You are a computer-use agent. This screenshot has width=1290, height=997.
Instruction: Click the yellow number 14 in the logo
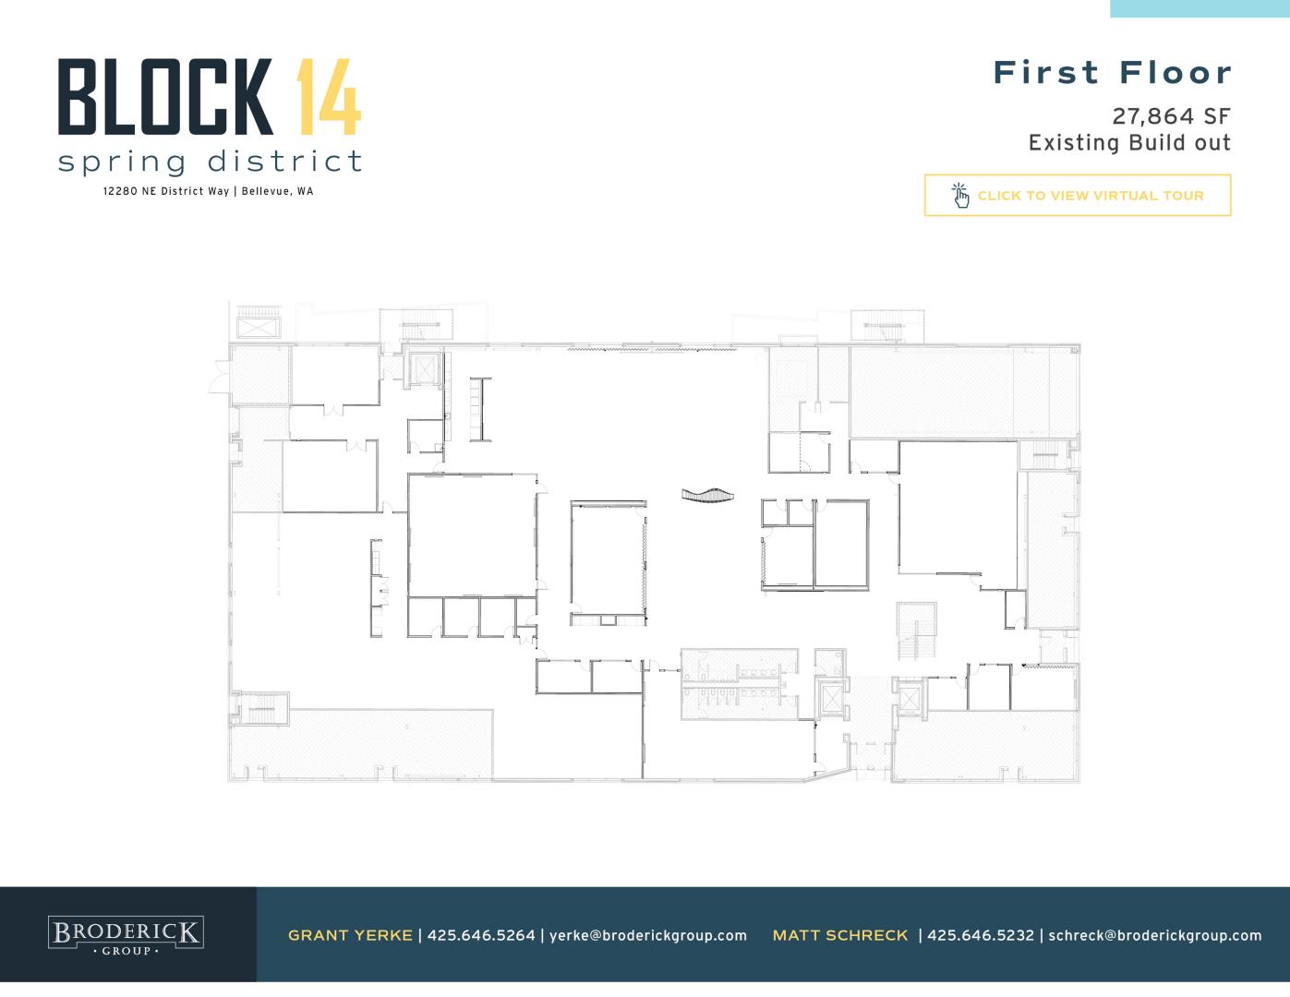click(329, 97)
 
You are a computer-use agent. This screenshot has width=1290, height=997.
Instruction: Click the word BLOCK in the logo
click(165, 97)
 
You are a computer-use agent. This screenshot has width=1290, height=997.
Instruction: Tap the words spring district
click(210, 162)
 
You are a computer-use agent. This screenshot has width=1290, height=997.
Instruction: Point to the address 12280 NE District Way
click(165, 191)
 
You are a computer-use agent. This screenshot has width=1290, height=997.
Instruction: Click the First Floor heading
click(1113, 73)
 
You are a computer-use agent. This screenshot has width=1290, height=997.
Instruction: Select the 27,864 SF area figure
click(1171, 116)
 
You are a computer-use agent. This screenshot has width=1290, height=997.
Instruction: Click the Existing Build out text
click(1129, 143)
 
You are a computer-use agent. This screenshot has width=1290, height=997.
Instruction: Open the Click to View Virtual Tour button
click(1078, 196)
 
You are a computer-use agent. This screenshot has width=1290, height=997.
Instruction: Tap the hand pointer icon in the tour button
click(960, 196)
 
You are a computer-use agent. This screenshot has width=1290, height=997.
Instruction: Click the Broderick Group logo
click(126, 935)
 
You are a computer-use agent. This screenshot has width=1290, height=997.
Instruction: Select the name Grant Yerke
click(350, 935)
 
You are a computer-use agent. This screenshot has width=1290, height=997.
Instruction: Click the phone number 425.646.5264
click(481, 935)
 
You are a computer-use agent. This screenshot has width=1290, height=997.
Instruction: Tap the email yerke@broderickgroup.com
click(648, 936)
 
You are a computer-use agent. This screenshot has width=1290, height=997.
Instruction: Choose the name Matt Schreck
click(840, 935)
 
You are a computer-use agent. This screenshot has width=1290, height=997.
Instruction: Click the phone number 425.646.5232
click(981, 935)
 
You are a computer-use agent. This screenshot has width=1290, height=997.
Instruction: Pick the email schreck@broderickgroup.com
click(1155, 936)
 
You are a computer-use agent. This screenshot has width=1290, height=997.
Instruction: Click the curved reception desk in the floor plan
click(707, 495)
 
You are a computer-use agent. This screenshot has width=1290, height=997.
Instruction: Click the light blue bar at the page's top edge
click(1200, 8)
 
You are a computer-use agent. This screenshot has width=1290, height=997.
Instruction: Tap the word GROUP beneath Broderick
click(127, 951)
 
